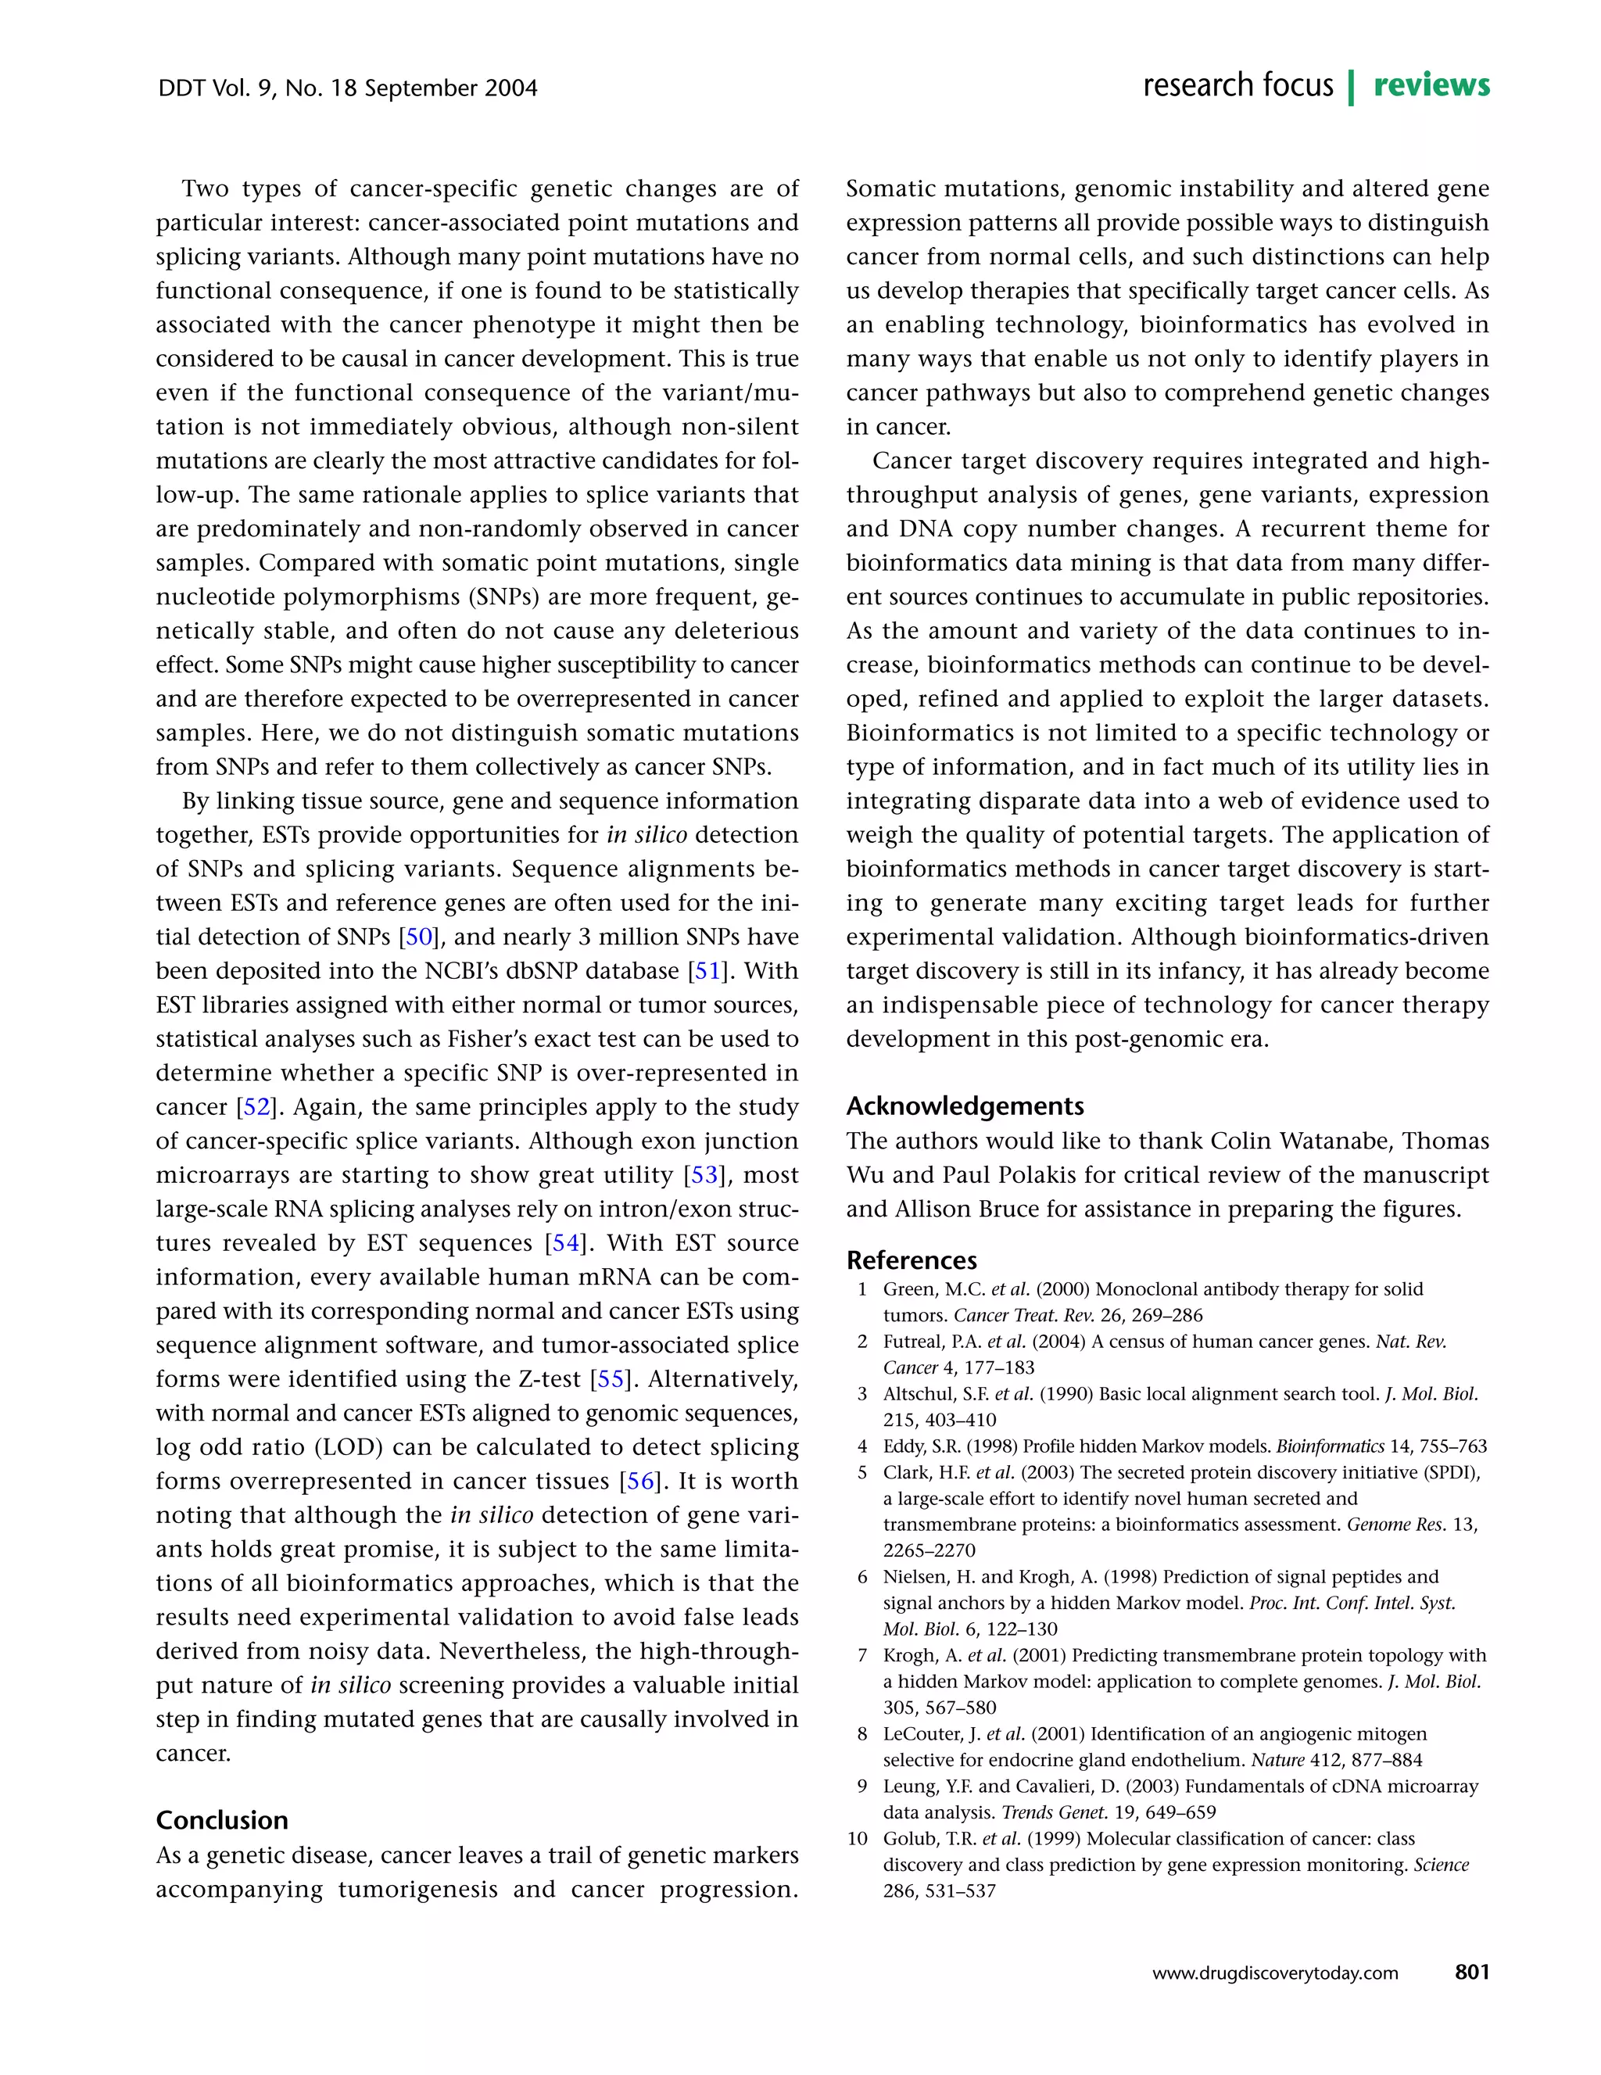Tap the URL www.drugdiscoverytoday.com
pos(1275,1973)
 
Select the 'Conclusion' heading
pos(221,1819)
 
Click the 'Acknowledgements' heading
pos(965,1105)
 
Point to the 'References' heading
pos(912,1260)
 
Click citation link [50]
pos(419,937)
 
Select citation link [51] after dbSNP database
pos(707,971)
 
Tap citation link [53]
pos(704,1175)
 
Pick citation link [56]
pos(640,1481)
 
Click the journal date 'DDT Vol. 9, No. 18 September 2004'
pos(347,88)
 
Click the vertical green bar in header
pos(1351,87)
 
